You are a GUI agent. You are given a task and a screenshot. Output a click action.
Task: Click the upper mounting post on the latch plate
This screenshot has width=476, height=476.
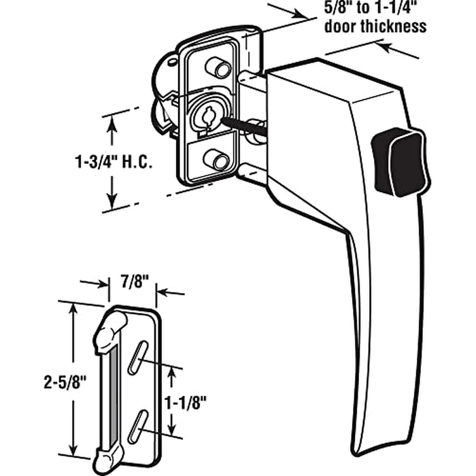217,66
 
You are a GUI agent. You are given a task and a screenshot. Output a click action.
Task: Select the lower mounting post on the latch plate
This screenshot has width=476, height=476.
217,161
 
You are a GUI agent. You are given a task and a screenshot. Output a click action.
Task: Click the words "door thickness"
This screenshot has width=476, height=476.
385,27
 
